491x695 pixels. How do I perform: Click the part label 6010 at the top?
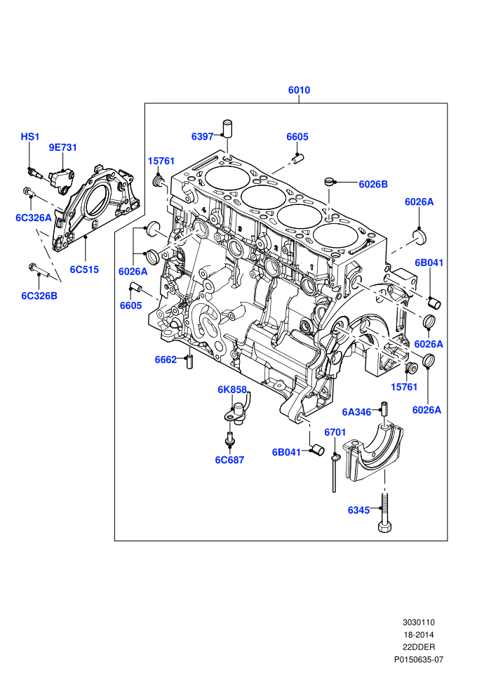pyautogui.click(x=299, y=90)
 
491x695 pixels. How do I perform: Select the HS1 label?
pyautogui.click(x=30, y=136)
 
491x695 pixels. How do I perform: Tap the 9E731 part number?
pyautogui.click(x=63, y=147)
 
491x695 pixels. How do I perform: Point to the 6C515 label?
pyautogui.click(x=84, y=270)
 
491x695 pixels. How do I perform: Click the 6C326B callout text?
pyautogui.click(x=39, y=296)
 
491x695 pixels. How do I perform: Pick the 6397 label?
pyautogui.click(x=202, y=136)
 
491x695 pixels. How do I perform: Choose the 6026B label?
pyautogui.click(x=373, y=184)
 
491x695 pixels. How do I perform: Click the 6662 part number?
pyautogui.click(x=166, y=359)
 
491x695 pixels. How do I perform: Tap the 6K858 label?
pyautogui.click(x=232, y=390)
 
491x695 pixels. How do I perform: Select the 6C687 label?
pyautogui.click(x=230, y=460)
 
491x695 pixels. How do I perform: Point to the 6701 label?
pyautogui.click(x=335, y=432)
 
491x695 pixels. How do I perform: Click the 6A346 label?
pyautogui.click(x=356, y=412)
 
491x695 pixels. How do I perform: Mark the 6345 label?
pyautogui.click(x=358, y=510)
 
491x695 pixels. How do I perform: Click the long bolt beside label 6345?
pyautogui.click(x=384, y=513)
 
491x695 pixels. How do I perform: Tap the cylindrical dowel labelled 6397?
pyautogui.click(x=227, y=128)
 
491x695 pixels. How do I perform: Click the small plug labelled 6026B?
pyautogui.click(x=329, y=181)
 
